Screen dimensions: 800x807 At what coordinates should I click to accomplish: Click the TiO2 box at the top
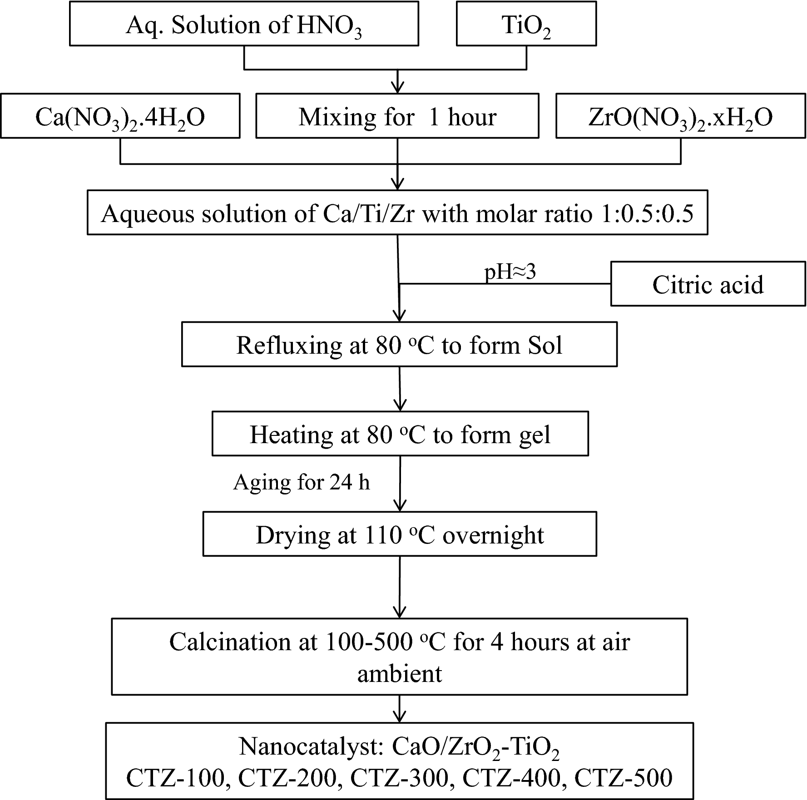point(526,24)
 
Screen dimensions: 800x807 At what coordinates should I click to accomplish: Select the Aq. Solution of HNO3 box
point(244,24)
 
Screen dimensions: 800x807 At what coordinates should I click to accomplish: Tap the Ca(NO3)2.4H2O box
point(120,116)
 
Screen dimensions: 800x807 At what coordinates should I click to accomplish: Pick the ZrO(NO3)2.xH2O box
point(680,116)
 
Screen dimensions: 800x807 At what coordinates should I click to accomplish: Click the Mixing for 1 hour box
point(397,116)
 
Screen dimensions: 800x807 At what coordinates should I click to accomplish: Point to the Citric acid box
point(708,284)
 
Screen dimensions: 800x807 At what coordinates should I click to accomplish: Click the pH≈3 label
point(510,272)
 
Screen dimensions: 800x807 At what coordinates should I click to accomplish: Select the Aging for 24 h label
point(302,482)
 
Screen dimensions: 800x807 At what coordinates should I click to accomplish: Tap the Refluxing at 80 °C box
point(399,345)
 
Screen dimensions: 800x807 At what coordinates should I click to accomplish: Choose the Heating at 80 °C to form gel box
point(400,434)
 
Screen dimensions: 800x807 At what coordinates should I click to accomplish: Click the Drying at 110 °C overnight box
point(400,534)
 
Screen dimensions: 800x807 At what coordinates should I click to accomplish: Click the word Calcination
point(230,642)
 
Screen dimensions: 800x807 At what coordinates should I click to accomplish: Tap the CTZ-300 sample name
point(399,777)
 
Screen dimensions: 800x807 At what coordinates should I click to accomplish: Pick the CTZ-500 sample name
point(623,777)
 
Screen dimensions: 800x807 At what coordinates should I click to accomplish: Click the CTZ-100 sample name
point(175,777)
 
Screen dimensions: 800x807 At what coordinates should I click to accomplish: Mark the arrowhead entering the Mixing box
point(398,87)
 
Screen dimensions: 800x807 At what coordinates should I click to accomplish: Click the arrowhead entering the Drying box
point(400,506)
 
